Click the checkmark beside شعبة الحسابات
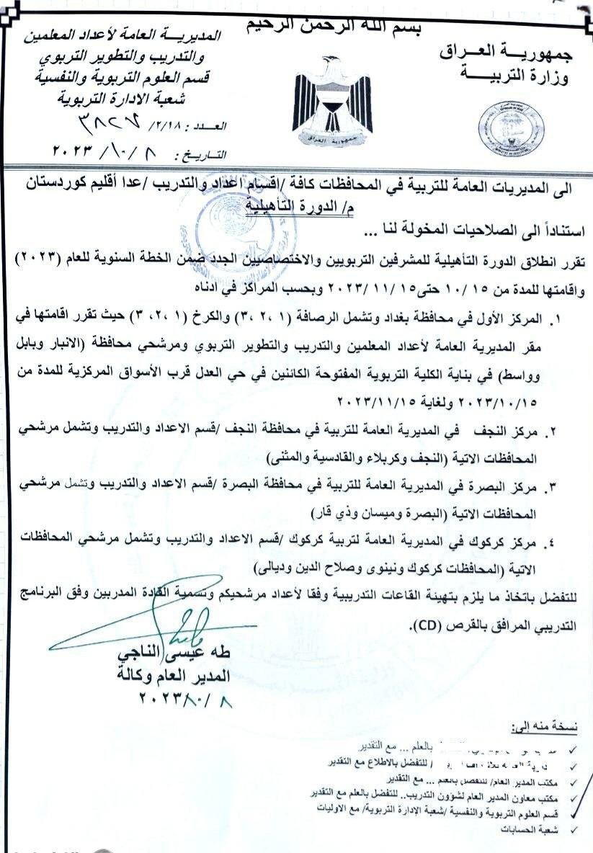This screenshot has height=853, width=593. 574,830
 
